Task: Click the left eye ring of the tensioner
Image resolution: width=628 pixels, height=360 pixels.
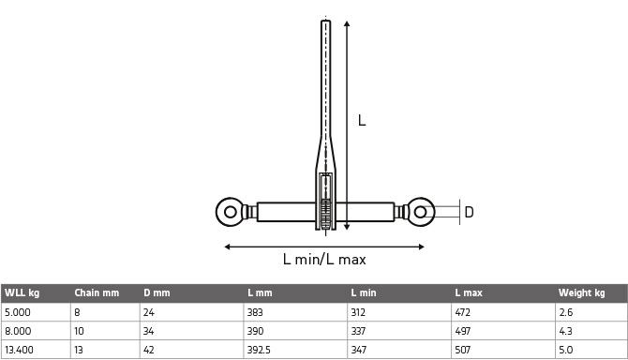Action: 220,212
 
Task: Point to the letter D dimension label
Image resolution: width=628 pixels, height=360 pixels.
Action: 469,212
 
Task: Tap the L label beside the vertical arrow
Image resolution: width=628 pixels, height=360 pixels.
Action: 362,120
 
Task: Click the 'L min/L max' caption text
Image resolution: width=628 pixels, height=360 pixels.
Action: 324,260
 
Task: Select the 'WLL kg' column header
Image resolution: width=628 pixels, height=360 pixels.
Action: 22,292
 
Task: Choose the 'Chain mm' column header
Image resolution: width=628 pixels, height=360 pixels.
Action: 97,292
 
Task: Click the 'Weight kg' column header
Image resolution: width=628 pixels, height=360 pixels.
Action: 581,292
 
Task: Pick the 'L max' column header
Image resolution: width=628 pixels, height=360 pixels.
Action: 469,292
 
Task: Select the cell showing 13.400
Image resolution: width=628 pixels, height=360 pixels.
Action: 19,350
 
